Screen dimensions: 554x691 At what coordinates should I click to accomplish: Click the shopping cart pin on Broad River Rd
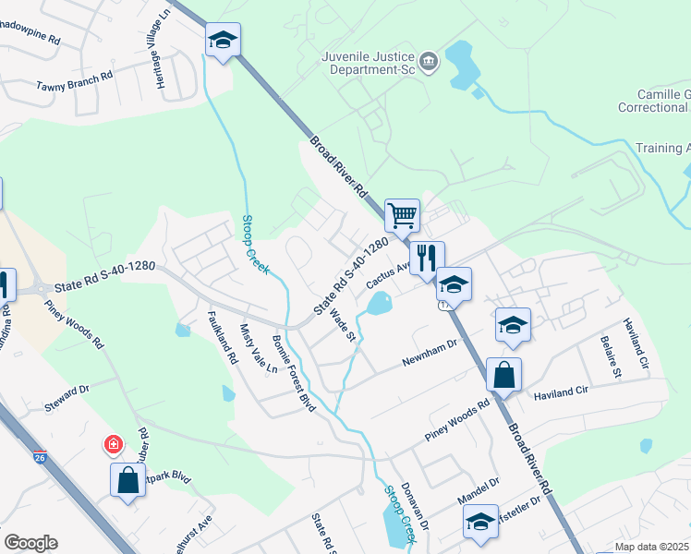tap(402, 216)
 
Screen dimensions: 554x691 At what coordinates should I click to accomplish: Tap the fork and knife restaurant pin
tap(427, 259)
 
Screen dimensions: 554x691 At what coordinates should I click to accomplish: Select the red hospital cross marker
tap(114, 445)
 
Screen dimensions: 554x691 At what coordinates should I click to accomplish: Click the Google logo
tap(30, 543)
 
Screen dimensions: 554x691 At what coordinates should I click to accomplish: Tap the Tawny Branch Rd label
tap(74, 81)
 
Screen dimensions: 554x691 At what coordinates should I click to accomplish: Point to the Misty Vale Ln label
tap(258, 347)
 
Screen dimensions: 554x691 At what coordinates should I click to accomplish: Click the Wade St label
tap(343, 323)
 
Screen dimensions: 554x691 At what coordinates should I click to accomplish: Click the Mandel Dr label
tap(479, 490)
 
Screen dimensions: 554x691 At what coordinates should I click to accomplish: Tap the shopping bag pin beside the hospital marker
tap(127, 481)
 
